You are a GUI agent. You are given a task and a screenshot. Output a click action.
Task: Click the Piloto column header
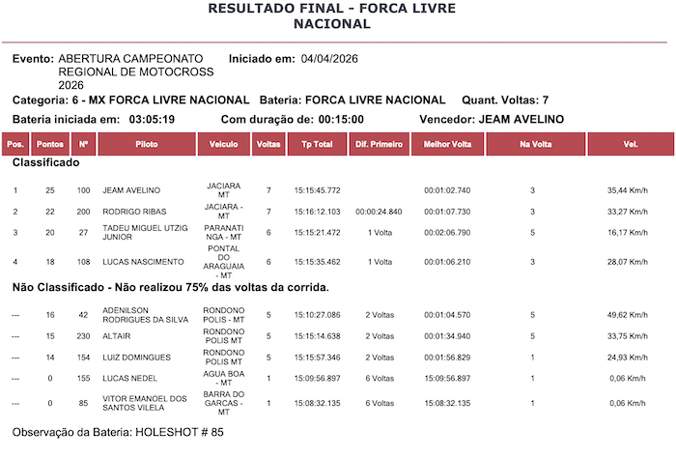(x=147, y=144)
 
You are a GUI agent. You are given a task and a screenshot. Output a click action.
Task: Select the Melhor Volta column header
(x=447, y=144)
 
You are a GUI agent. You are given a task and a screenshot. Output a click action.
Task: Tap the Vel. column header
(x=631, y=144)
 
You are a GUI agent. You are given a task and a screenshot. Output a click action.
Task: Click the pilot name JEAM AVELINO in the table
(x=131, y=190)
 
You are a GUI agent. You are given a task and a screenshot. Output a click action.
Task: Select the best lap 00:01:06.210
(x=447, y=262)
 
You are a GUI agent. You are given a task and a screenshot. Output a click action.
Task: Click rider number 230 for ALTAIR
(x=84, y=336)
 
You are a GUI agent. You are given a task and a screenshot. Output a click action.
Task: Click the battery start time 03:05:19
(x=152, y=120)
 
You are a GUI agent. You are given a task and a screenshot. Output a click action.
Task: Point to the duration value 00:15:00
(x=341, y=120)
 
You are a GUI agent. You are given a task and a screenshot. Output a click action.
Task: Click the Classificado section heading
(x=46, y=163)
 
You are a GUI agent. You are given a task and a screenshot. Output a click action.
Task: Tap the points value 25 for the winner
(x=50, y=190)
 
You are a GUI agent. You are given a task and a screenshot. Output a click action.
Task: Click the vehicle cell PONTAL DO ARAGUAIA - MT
(x=223, y=262)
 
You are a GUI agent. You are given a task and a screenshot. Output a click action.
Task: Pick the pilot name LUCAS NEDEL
(x=129, y=379)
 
